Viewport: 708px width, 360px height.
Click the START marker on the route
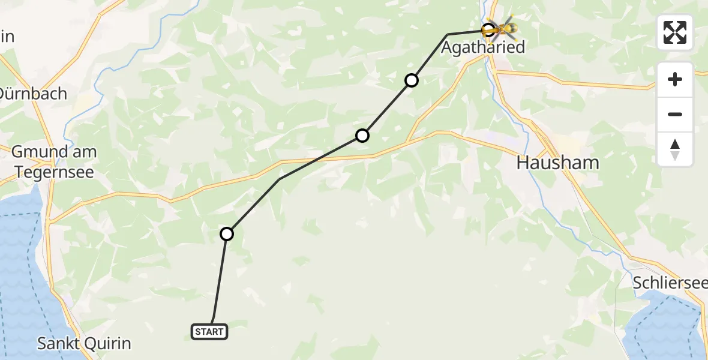(x=209, y=331)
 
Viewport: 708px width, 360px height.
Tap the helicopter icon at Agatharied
(x=501, y=28)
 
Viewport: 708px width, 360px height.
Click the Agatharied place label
(x=483, y=47)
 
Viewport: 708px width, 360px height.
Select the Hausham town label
(x=557, y=163)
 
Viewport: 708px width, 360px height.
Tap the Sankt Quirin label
(x=83, y=344)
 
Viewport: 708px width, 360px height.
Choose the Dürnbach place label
(x=33, y=94)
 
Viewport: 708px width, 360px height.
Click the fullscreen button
(x=675, y=32)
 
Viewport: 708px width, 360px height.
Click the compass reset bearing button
(x=675, y=149)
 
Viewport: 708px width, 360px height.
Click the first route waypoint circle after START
(x=227, y=234)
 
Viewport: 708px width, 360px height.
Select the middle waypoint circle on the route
(x=362, y=136)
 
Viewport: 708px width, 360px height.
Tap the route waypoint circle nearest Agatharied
(x=412, y=80)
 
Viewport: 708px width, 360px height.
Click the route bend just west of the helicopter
(x=448, y=34)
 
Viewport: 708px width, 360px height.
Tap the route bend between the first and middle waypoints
(x=280, y=179)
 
